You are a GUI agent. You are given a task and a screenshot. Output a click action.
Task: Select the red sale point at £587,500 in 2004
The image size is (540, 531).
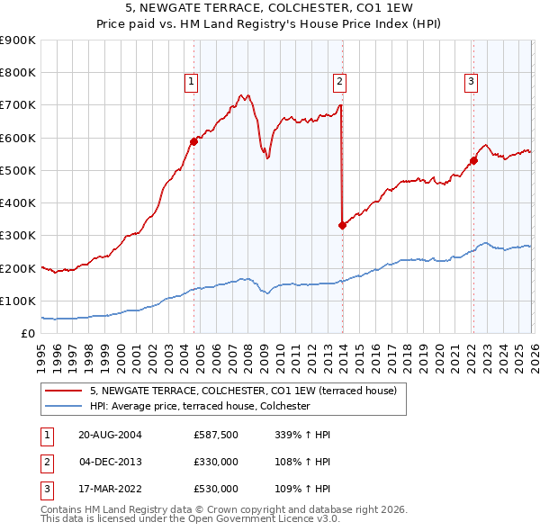click(x=193, y=141)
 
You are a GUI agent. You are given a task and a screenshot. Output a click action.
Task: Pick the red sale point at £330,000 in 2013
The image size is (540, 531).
click(x=342, y=225)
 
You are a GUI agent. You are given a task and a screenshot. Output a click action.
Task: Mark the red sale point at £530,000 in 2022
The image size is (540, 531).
click(x=473, y=160)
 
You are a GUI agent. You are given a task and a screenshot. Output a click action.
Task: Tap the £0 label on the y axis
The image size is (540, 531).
click(x=27, y=333)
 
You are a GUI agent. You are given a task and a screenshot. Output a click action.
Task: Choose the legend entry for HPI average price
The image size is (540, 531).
click(x=199, y=407)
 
